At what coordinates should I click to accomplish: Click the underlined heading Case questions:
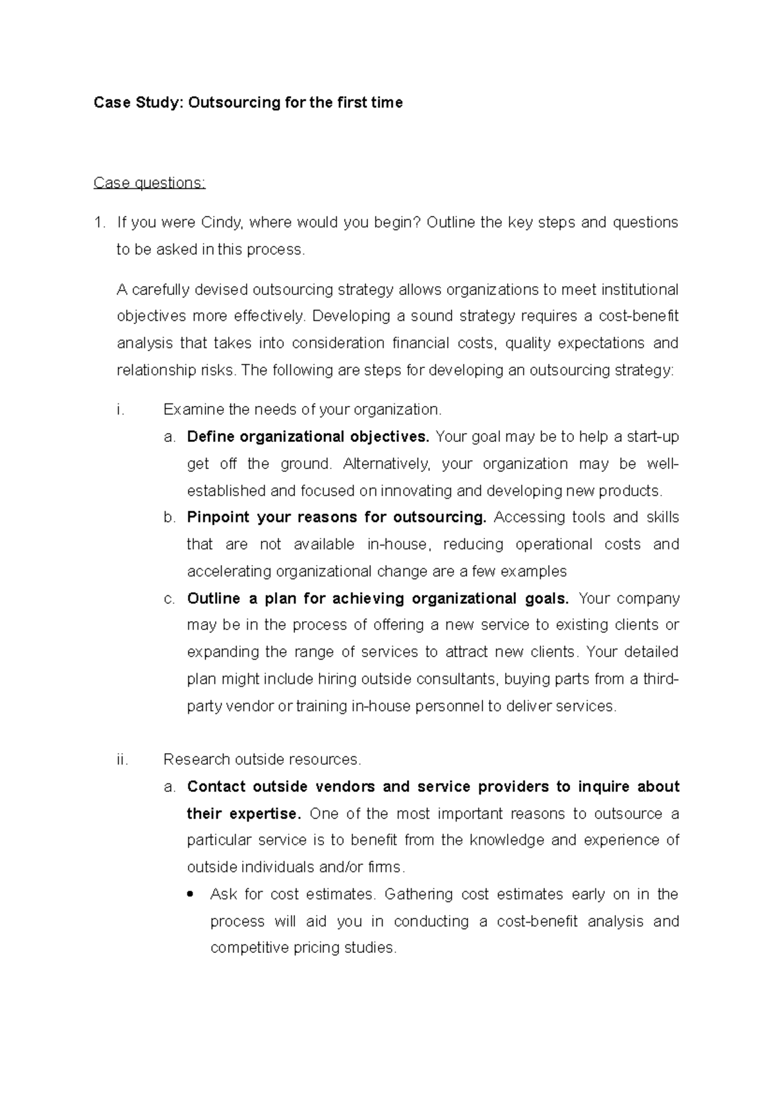149,184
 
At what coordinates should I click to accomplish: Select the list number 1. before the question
99,223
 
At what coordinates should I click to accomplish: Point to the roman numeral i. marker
120,410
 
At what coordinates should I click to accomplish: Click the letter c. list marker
169,599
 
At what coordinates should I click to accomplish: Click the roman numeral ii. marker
122,760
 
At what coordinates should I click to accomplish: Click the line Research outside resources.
262,760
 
